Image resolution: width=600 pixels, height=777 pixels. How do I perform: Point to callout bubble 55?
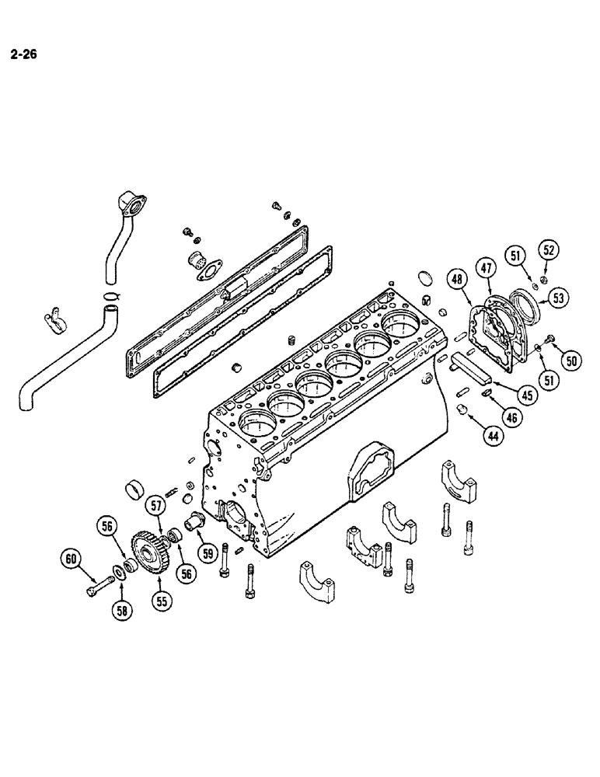pyautogui.click(x=162, y=599)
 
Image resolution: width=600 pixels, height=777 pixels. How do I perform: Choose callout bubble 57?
pyautogui.click(x=158, y=507)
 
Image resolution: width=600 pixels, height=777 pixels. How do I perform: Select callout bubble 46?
pyautogui.click(x=510, y=416)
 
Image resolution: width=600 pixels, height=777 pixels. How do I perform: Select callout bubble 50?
pyautogui.click(x=572, y=361)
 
